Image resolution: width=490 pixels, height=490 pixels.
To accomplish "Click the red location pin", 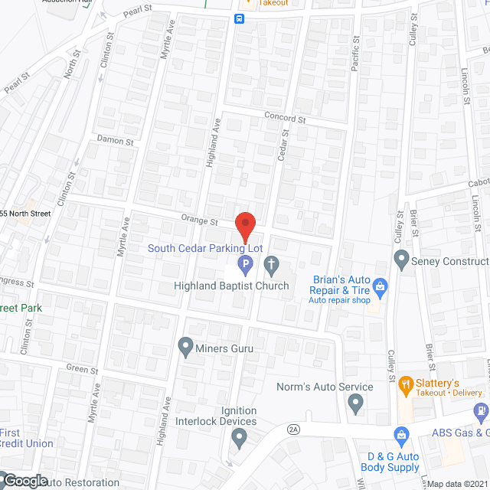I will (244, 227).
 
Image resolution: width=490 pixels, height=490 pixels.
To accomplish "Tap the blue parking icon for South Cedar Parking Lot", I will (245, 266).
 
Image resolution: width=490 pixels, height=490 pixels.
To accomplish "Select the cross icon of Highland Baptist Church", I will (271, 266).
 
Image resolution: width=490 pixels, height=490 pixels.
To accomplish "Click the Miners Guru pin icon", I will (185, 347).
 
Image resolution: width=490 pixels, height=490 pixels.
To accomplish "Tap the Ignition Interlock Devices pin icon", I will (239, 437).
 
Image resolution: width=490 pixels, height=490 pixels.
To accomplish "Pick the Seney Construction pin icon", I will (400, 260).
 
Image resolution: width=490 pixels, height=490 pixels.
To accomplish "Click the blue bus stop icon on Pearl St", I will (240, 18).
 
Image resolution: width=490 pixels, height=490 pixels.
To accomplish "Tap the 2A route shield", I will (293, 429).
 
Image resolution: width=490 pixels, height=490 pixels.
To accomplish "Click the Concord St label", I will (285, 119).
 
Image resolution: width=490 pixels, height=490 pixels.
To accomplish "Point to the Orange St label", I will (200, 220).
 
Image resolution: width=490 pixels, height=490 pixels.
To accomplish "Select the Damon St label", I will (116, 141).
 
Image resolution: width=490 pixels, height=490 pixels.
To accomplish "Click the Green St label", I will (83, 370).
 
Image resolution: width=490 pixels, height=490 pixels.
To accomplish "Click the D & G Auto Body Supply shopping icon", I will (400, 436).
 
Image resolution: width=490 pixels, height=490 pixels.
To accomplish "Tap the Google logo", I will (24, 481).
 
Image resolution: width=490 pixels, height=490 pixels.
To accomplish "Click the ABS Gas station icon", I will (481, 411).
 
